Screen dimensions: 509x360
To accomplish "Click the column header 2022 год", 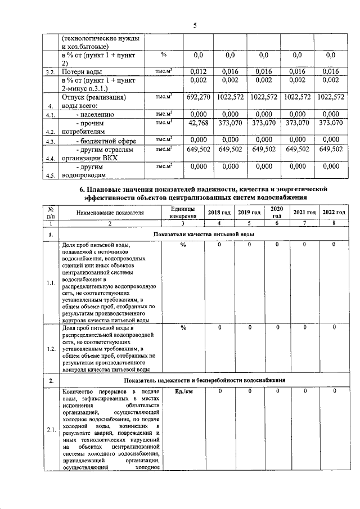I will pyautogui.click(x=333, y=212).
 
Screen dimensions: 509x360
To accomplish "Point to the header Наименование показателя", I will pyautogui.click(x=111, y=212).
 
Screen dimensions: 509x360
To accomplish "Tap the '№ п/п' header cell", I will pyautogui.click(x=51, y=212).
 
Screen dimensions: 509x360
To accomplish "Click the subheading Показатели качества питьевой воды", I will pyautogui.click(x=203, y=233).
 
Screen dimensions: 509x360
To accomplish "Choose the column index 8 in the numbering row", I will pyautogui.click(x=333, y=223).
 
